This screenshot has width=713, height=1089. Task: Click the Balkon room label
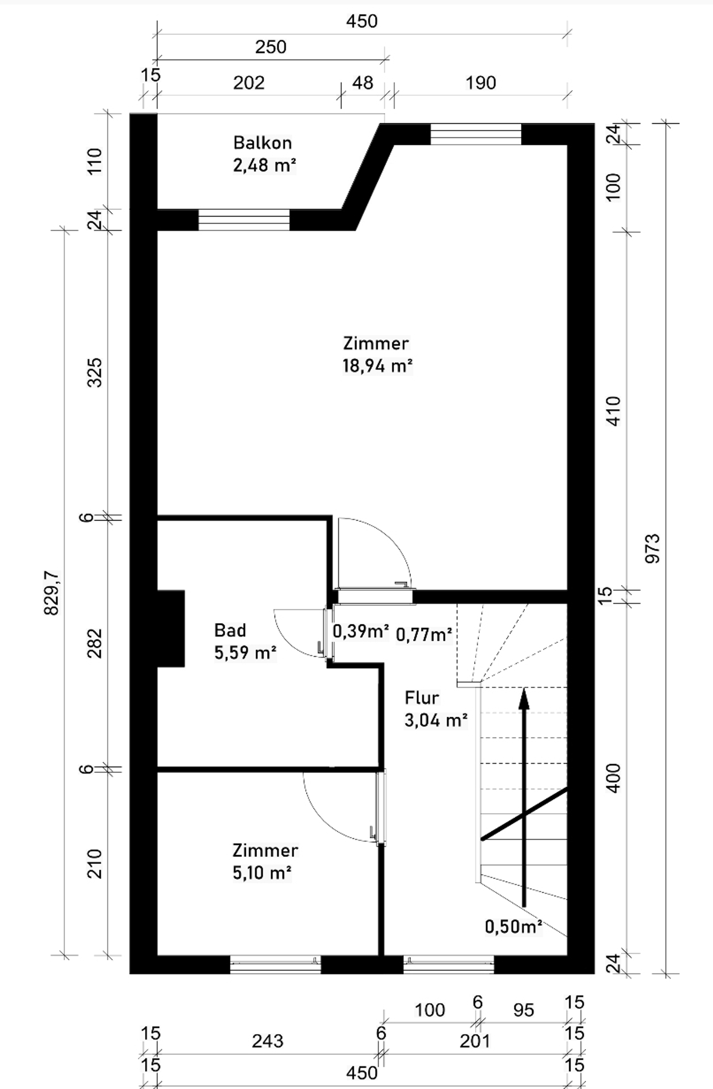(x=263, y=143)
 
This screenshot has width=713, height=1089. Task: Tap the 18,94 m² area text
(x=378, y=366)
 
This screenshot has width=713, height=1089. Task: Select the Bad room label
(x=230, y=630)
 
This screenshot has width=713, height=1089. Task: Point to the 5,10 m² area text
(x=262, y=873)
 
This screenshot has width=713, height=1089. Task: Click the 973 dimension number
(x=652, y=548)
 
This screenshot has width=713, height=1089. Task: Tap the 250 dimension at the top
(x=271, y=47)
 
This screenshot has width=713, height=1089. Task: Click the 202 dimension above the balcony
(x=249, y=83)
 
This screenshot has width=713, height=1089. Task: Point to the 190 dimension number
(x=481, y=83)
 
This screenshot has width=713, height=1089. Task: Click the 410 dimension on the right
(x=613, y=411)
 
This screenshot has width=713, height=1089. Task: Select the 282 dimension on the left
(x=95, y=643)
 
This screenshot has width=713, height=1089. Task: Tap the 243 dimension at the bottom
(x=268, y=1042)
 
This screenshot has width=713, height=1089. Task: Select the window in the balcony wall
(x=244, y=220)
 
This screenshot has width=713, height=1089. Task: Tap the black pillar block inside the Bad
(x=171, y=628)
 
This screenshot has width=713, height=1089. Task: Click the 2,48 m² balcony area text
(x=265, y=165)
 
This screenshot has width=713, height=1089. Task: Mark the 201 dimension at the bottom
(x=475, y=1042)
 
